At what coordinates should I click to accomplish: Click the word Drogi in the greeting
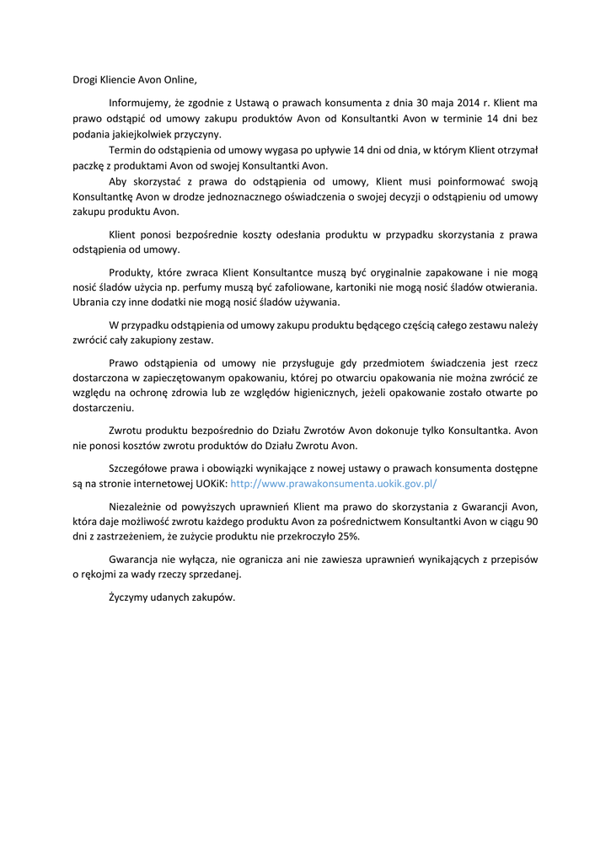[85, 81]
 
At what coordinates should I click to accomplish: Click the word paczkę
[86, 165]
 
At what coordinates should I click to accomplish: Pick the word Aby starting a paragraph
[119, 181]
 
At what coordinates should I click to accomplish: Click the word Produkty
[131, 273]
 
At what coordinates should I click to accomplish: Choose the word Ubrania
[91, 303]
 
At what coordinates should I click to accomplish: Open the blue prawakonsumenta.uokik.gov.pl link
[333, 484]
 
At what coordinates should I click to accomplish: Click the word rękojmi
[101, 575]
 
